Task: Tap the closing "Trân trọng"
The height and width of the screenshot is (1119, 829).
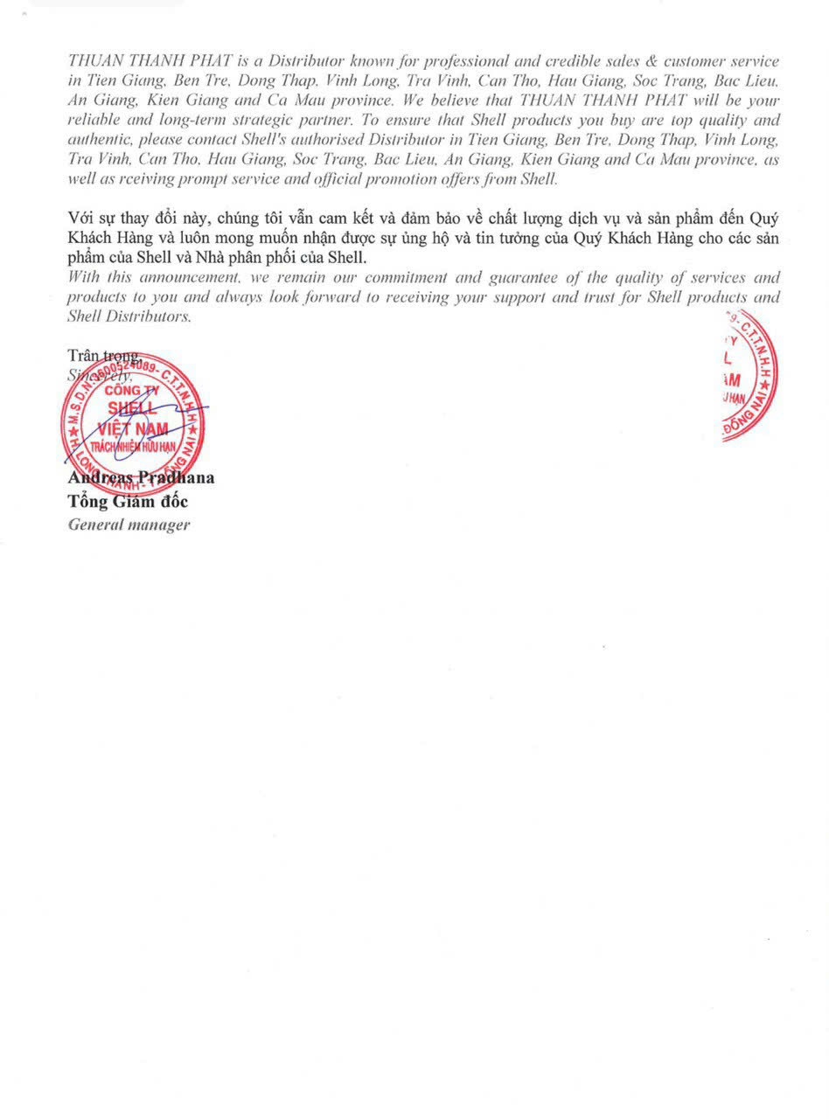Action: click(103, 356)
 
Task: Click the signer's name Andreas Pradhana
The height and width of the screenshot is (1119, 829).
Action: click(141, 478)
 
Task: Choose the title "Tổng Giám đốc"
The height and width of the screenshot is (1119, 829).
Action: click(128, 502)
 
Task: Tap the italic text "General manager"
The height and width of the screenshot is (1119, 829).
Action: click(129, 525)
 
